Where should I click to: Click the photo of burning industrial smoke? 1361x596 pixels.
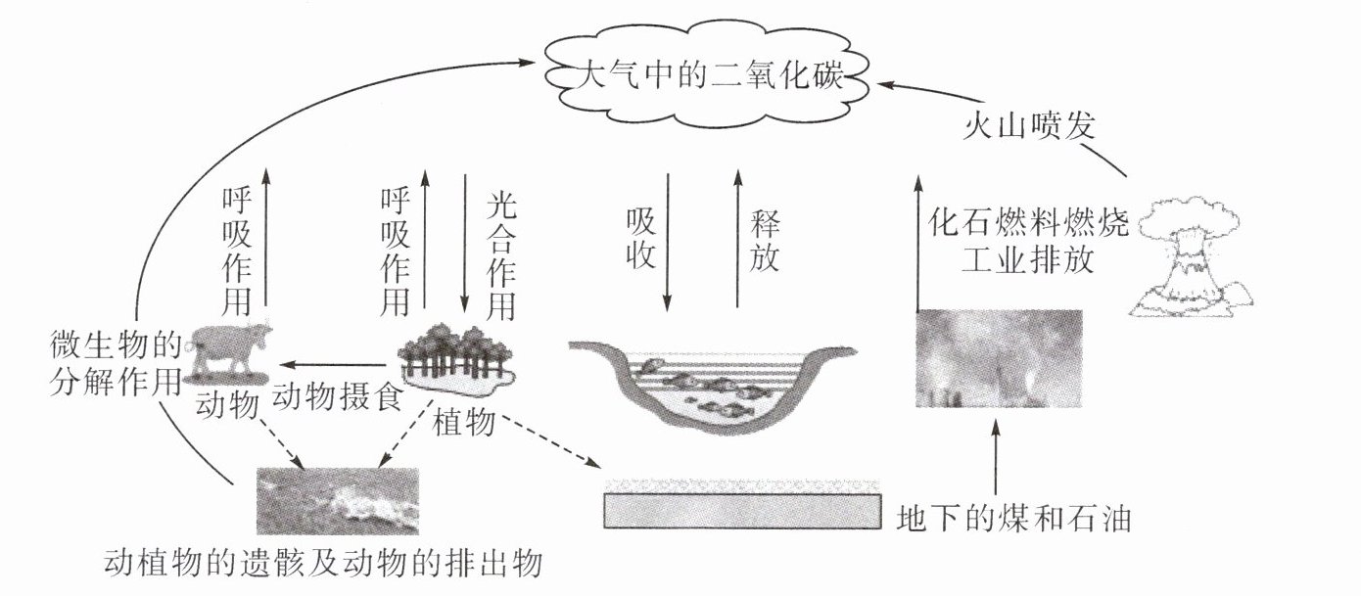point(999,357)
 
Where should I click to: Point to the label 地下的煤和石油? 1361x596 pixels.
point(1013,518)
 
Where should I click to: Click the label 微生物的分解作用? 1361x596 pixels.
point(116,362)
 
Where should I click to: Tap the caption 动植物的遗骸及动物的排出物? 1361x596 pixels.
point(323,565)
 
